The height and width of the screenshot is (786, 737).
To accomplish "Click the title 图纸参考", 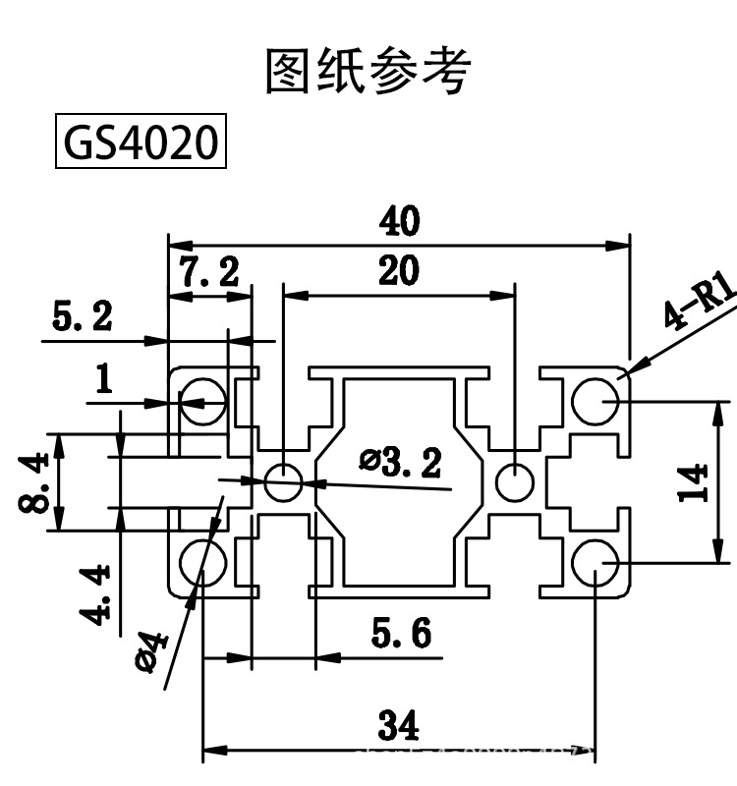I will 368,71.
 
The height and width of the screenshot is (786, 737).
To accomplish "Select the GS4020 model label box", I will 139,142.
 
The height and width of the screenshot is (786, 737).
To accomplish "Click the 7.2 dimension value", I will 209,272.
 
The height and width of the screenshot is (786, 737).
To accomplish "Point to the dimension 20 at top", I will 398,270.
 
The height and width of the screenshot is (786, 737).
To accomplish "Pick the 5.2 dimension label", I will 83,316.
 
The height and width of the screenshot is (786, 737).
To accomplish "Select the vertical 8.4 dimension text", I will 36,481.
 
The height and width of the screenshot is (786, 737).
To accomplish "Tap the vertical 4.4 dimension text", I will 96,594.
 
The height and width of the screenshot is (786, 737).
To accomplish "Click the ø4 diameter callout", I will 152,651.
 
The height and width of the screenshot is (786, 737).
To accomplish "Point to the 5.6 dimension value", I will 401,635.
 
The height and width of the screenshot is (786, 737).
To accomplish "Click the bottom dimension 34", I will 398,727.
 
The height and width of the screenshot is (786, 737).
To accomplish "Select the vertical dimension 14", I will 696,482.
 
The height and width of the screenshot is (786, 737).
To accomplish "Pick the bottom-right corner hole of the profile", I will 595,563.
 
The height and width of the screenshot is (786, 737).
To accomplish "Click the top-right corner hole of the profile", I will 595,401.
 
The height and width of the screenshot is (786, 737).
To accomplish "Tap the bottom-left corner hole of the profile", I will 202,562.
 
